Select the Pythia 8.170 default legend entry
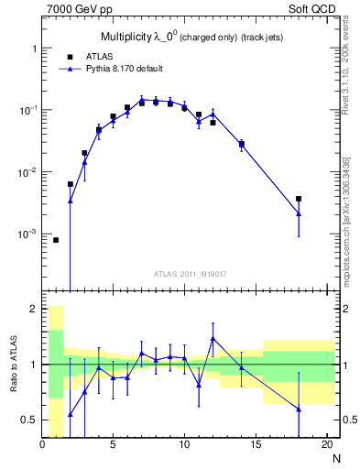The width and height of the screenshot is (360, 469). tap(123, 68)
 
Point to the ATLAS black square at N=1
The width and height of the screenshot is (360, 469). tap(56, 240)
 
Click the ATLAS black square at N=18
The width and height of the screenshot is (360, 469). tap(299, 199)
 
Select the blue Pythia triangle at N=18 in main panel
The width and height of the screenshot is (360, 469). tap(299, 214)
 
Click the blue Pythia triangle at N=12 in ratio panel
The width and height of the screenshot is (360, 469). tap(213, 339)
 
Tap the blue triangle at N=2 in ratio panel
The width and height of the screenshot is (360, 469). tap(71, 415)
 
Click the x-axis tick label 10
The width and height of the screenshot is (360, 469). tap(184, 445)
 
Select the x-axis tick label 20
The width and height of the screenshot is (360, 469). tap(326, 445)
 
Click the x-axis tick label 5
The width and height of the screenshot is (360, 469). tap(113, 445)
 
